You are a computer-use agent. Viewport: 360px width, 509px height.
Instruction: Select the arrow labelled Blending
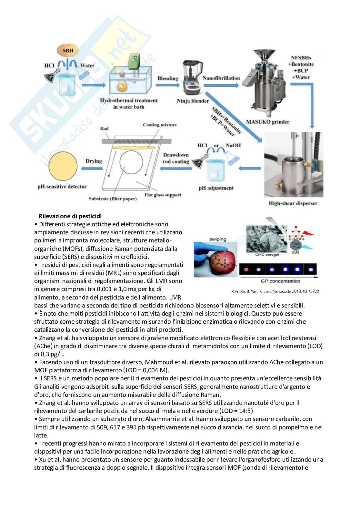167,85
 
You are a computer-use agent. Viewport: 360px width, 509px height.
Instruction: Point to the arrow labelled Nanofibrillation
221,85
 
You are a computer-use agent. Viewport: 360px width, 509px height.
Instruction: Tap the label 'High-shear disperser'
293,203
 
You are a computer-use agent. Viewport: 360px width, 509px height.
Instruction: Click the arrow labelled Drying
93,168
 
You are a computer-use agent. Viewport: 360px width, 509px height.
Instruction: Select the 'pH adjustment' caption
216,188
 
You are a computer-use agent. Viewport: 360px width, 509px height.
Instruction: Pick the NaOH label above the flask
233,145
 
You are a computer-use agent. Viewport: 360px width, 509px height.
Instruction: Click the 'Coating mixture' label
160,125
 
